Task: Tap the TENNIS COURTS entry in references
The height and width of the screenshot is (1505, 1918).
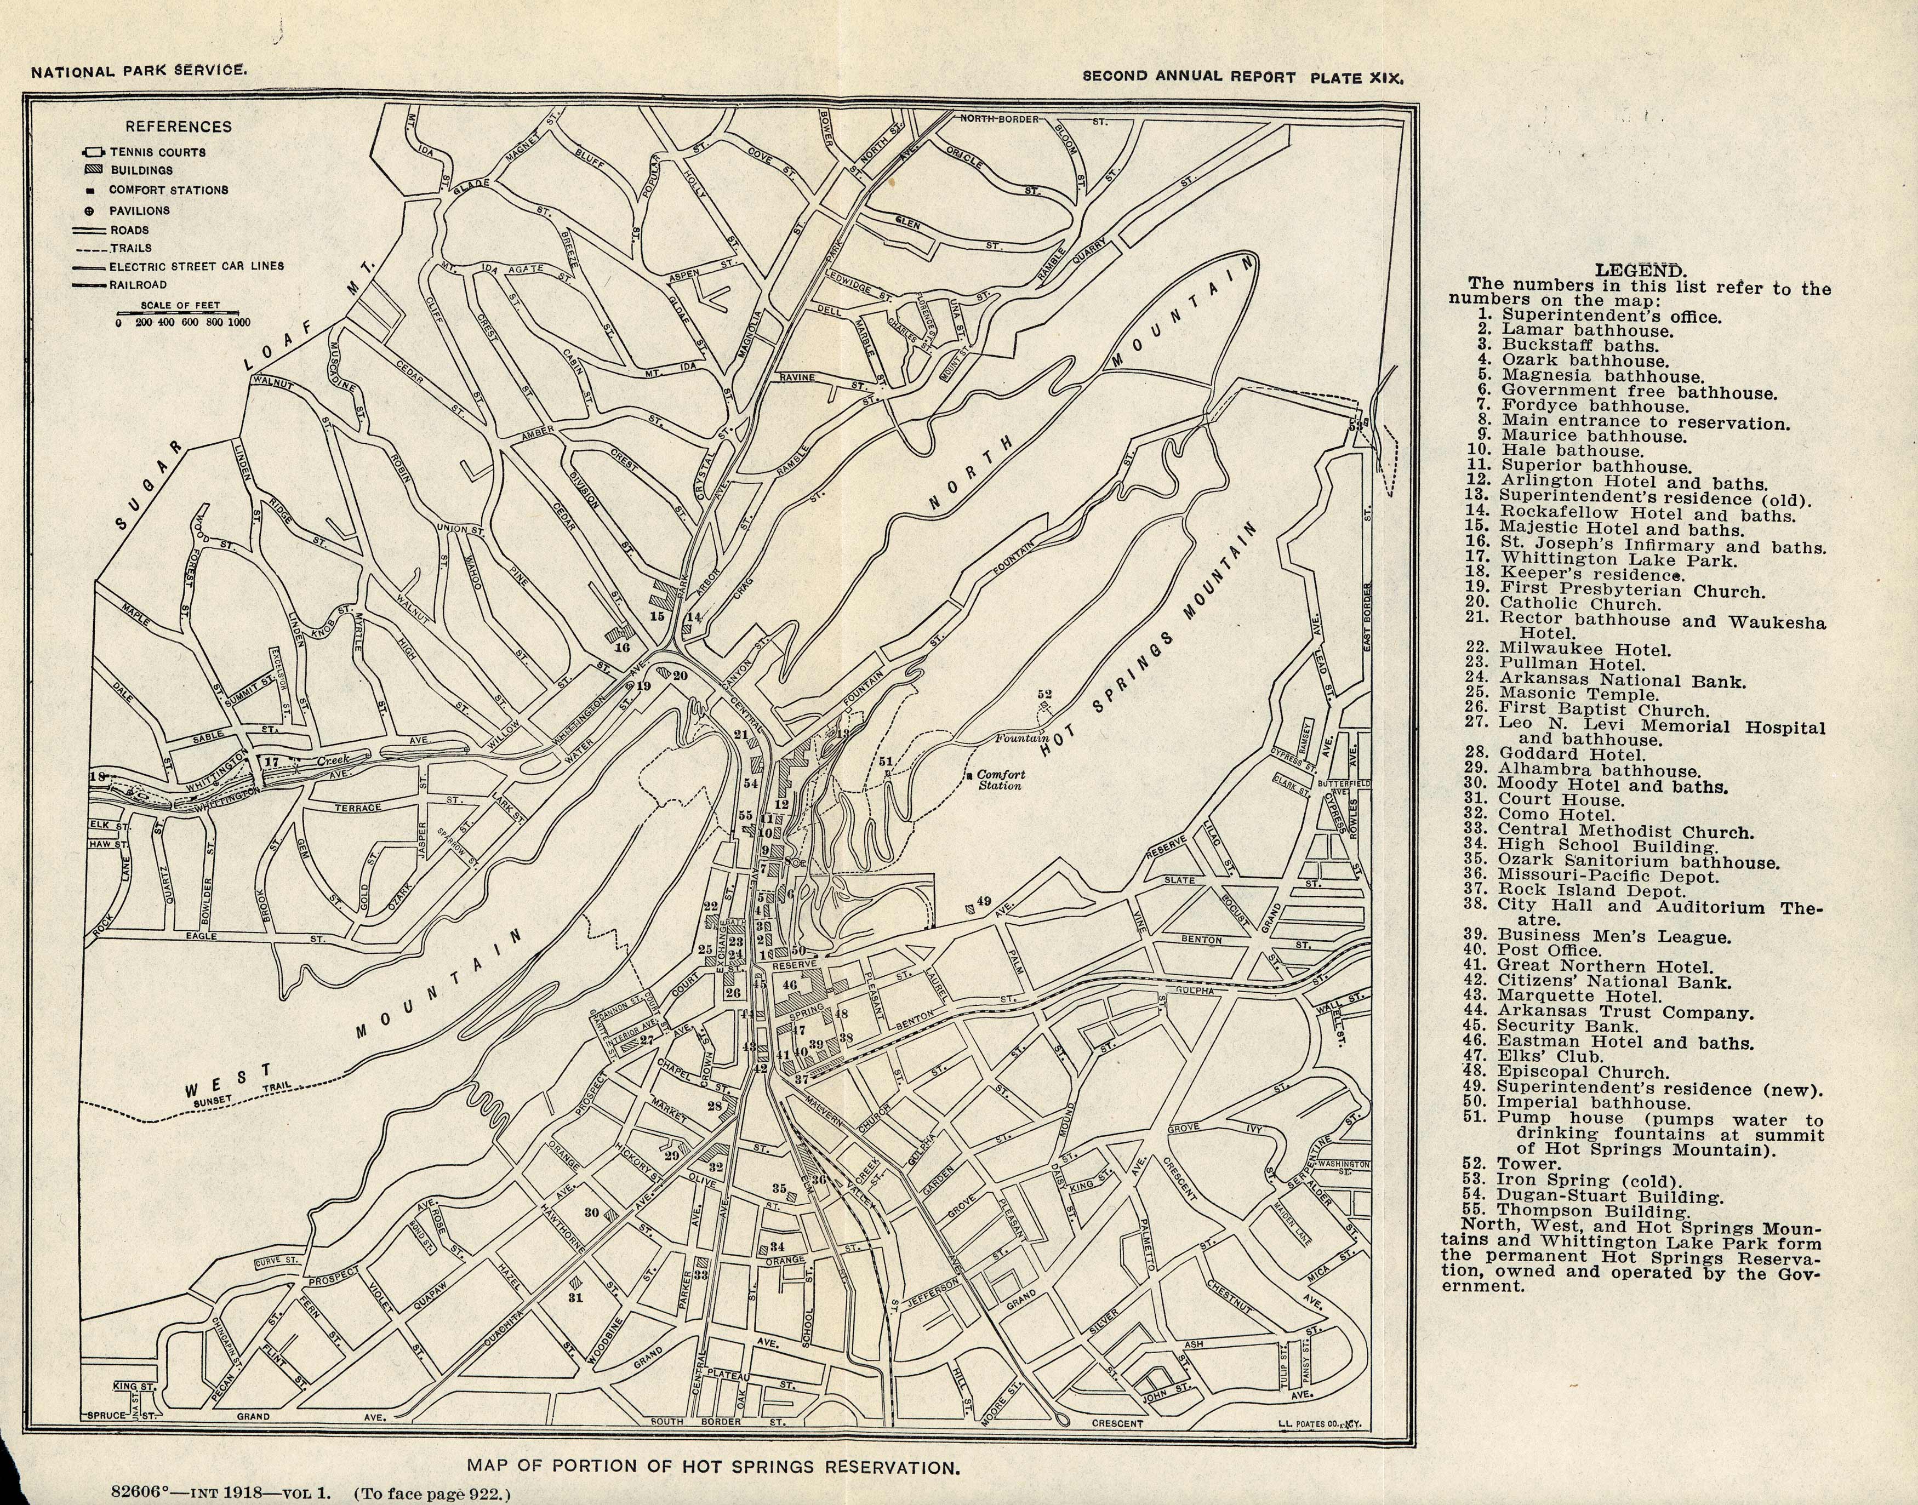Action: point(157,152)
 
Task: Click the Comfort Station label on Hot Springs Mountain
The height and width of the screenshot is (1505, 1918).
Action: point(1001,780)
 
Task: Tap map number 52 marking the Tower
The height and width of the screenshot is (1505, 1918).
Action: point(1044,694)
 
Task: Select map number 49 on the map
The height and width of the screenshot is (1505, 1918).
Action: point(984,901)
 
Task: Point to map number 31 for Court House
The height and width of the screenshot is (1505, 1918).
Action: point(575,1297)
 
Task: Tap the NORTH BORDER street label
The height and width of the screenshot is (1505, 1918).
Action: point(1000,118)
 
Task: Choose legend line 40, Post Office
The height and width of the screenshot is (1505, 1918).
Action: point(1548,950)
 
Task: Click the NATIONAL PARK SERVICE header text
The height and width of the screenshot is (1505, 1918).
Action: point(139,71)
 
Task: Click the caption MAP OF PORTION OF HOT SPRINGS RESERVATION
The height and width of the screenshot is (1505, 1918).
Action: point(712,1467)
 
